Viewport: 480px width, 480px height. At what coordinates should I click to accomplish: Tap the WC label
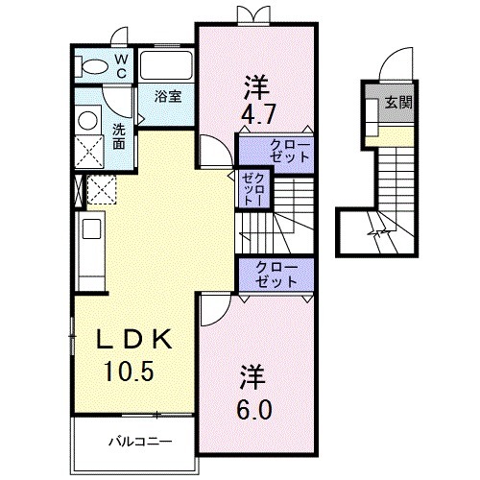122,64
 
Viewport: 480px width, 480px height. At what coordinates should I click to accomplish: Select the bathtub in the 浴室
167,66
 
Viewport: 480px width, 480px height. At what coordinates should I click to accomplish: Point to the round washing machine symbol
88,122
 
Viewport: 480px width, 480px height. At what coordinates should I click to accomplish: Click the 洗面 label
118,137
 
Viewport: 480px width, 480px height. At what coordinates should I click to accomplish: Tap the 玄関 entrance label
398,103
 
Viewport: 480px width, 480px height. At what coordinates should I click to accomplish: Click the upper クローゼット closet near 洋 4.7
277,150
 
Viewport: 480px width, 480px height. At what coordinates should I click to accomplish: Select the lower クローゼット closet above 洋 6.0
277,275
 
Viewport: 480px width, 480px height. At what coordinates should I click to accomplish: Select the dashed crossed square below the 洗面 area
101,189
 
